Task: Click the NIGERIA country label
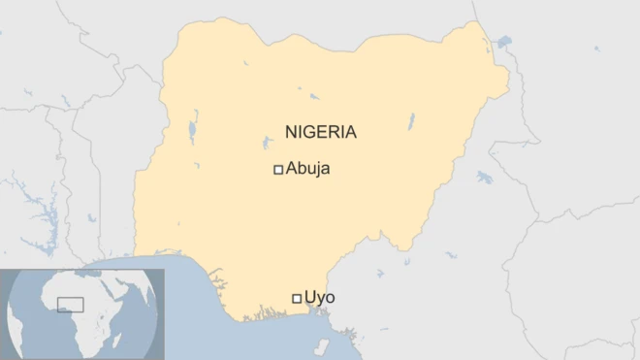(x=320, y=132)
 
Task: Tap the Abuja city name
(x=308, y=169)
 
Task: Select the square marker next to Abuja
(x=278, y=170)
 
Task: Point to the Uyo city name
(x=320, y=297)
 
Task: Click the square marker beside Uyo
(x=297, y=298)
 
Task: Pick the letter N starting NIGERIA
(x=290, y=132)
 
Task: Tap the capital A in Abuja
(x=292, y=169)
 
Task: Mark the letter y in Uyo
(x=320, y=299)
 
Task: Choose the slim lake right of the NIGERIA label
(x=411, y=121)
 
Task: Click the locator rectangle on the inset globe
(x=70, y=305)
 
